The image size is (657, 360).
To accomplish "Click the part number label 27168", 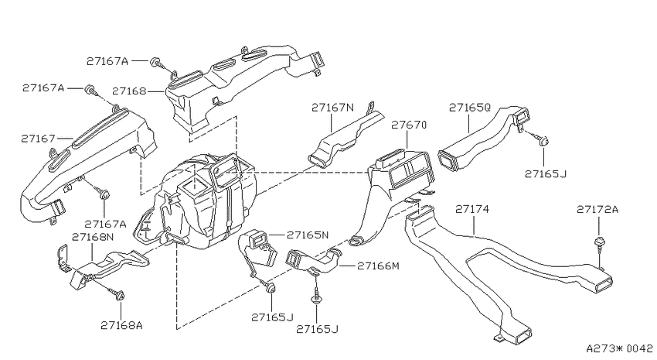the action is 129,91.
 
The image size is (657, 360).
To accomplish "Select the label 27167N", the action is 332,108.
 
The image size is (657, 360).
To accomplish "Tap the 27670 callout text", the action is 409,125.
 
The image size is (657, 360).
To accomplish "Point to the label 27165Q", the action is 469,108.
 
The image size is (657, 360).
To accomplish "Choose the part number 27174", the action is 472,208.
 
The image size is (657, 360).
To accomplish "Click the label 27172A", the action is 597,209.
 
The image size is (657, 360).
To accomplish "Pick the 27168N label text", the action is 93,237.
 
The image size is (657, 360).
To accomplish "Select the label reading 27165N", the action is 308,235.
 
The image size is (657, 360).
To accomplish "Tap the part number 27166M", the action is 379,266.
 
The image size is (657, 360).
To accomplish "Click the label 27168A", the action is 121,325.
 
